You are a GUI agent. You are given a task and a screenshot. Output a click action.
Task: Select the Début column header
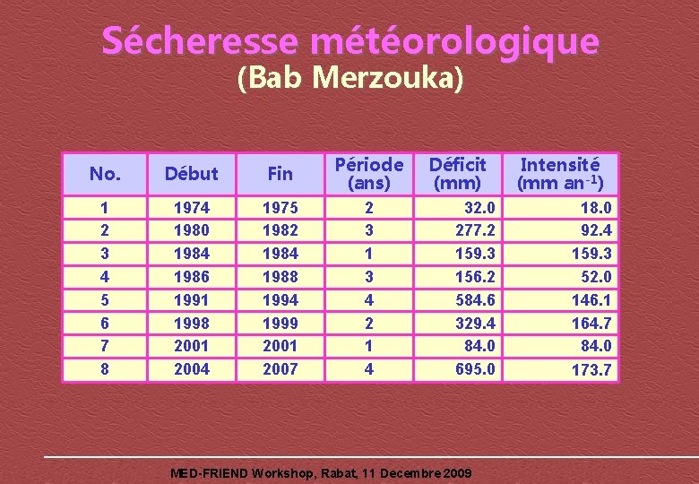191,174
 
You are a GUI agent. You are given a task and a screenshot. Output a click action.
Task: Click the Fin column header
280,174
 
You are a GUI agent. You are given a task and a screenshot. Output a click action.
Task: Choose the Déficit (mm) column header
457,174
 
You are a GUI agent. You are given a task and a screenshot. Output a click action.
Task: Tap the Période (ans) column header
369,174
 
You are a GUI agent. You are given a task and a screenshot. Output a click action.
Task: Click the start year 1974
191,208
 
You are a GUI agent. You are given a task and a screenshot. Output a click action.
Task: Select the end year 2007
280,368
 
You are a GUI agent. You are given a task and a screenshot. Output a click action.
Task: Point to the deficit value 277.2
475,230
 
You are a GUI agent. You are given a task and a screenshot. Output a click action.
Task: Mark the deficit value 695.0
475,368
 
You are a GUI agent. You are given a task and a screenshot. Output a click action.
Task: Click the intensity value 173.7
591,369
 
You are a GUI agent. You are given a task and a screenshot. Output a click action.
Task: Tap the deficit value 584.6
475,299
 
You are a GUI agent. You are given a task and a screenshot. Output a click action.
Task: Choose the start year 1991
191,299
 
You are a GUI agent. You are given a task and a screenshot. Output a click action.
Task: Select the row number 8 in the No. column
104,368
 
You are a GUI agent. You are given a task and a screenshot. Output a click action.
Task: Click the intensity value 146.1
591,299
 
